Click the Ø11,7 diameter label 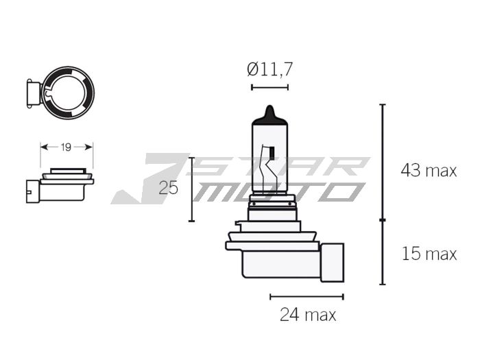[x=269, y=69]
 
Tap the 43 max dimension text [x=428, y=171]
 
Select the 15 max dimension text [x=428, y=254]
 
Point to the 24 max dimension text [x=308, y=315]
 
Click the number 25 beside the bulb [x=168, y=188]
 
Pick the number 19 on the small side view [x=66, y=147]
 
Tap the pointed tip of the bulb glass [x=270, y=110]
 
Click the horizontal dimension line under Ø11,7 [x=269, y=87]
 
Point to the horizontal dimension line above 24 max [x=307, y=297]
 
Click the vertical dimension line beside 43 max [x=383, y=162]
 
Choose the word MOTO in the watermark [x=274, y=192]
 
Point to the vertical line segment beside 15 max [x=383, y=252]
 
